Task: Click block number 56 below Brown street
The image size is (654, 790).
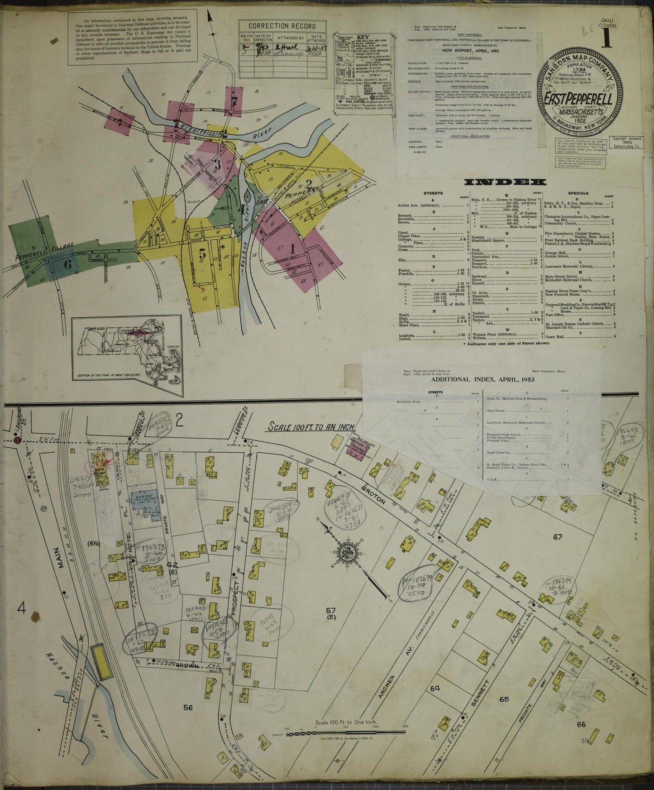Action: [x=189, y=708]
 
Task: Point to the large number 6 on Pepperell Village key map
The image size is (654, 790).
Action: [x=67, y=265]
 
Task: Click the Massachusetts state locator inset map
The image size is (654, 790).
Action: [x=127, y=350]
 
